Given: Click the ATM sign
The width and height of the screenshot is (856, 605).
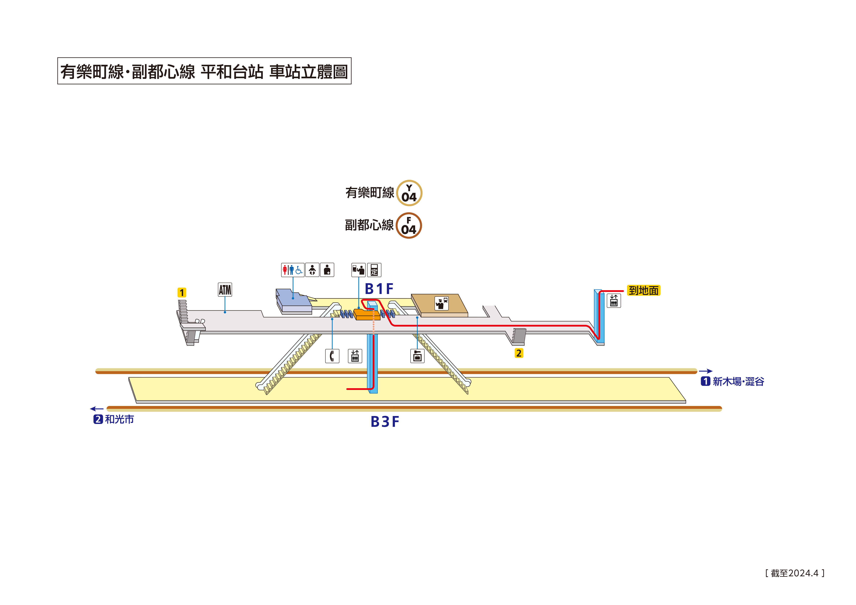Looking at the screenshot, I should pyautogui.click(x=225, y=290).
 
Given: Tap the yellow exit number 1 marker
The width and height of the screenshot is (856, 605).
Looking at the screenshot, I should pyautogui.click(x=182, y=293).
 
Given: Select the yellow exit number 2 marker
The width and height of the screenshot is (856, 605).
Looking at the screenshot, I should pyautogui.click(x=519, y=353).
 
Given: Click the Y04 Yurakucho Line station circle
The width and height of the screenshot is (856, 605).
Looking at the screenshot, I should pyautogui.click(x=409, y=193).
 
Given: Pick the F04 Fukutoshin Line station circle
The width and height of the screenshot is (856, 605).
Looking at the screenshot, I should pyautogui.click(x=409, y=226).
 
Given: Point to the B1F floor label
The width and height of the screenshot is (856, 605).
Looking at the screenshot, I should pyautogui.click(x=379, y=289).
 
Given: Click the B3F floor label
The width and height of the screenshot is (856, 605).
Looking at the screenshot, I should pyautogui.click(x=385, y=422).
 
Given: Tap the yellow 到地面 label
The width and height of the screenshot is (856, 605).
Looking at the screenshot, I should pyautogui.click(x=644, y=290).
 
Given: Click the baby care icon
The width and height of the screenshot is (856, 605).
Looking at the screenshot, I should pyautogui.click(x=312, y=270).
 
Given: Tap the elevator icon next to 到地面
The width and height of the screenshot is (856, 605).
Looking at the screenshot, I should pyautogui.click(x=614, y=300).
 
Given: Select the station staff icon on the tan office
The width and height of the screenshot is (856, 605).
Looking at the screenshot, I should pyautogui.click(x=441, y=304).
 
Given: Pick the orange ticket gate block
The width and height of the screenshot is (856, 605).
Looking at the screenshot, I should pyautogui.click(x=366, y=315).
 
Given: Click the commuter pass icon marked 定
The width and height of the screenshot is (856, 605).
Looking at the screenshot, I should pyautogui.click(x=374, y=270).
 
